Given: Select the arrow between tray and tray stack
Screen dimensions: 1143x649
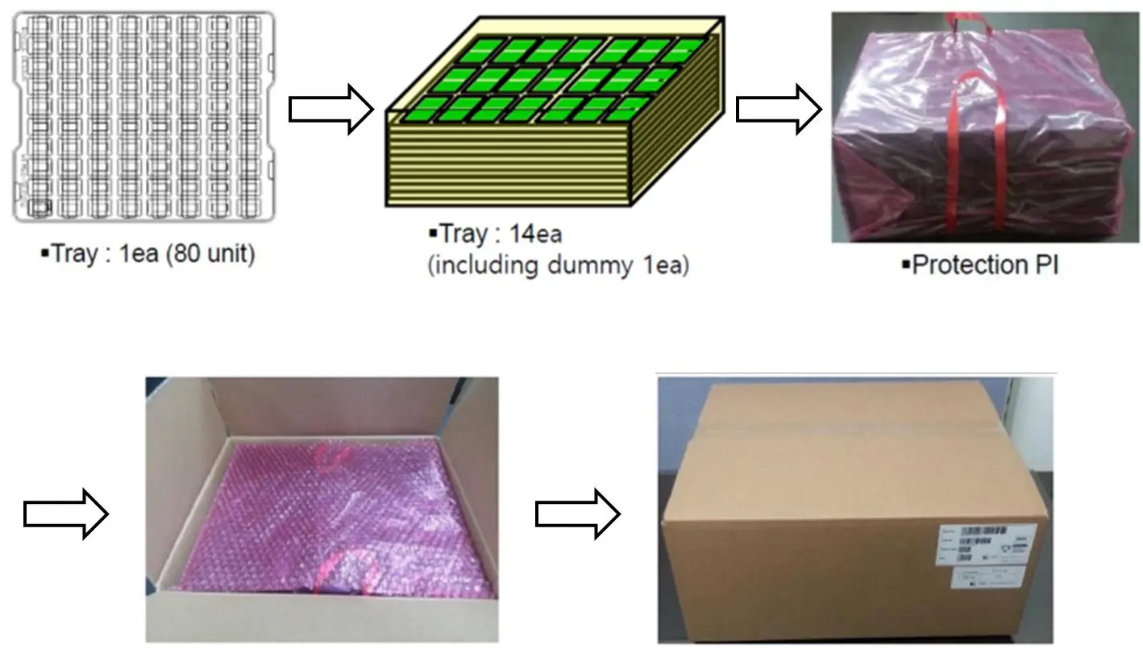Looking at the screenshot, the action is pyautogui.click(x=330, y=110).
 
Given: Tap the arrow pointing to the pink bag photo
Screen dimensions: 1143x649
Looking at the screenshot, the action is pyautogui.click(x=779, y=110).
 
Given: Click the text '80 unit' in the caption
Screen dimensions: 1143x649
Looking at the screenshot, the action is pyautogui.click(x=215, y=255).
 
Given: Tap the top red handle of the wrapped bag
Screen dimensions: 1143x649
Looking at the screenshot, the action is pyautogui.click(x=959, y=28).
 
